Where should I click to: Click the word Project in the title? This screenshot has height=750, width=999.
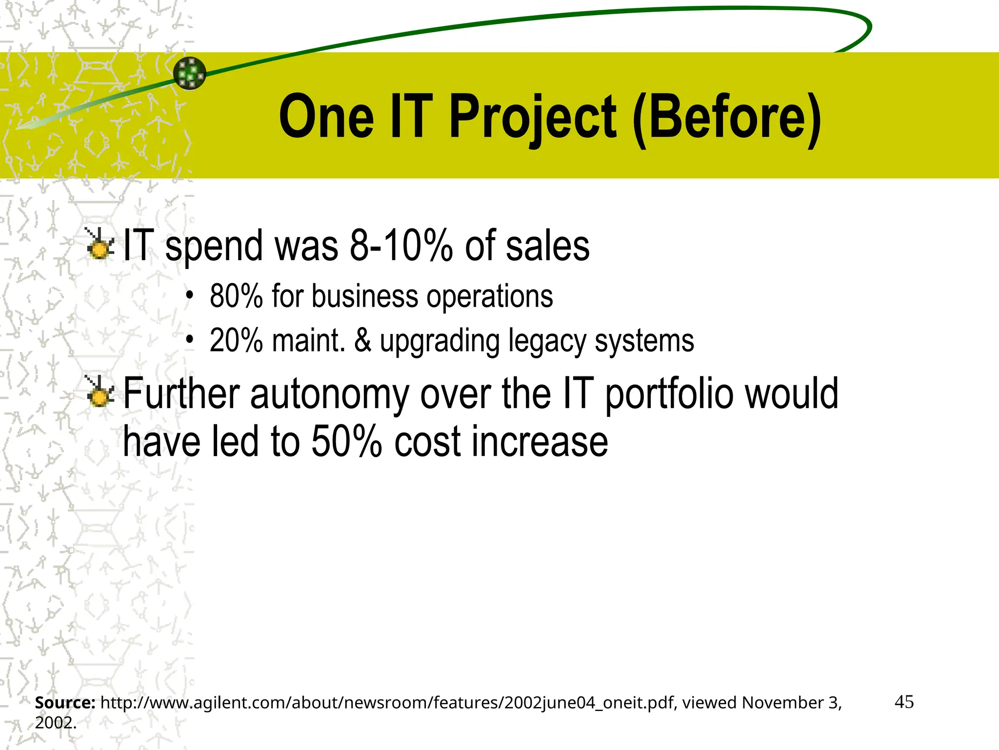pos(533,117)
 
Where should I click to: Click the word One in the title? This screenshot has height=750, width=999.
pos(326,117)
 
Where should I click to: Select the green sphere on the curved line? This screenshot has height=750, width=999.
pos(190,73)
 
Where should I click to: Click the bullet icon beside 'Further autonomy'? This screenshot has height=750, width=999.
pos(100,392)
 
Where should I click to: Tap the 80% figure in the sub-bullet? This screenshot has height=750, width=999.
pos(236,296)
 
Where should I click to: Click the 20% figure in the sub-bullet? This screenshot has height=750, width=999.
pos(236,340)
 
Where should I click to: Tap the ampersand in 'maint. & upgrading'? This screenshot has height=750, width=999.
pos(362,340)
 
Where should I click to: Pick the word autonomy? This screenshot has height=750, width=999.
pos(329,395)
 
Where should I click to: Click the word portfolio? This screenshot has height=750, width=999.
pos(669,395)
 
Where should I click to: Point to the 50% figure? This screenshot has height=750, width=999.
pos(346,441)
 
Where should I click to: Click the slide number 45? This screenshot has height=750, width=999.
pos(904,702)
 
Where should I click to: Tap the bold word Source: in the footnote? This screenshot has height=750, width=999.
pos(65,703)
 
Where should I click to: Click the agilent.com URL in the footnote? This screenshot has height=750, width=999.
pos(388,703)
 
